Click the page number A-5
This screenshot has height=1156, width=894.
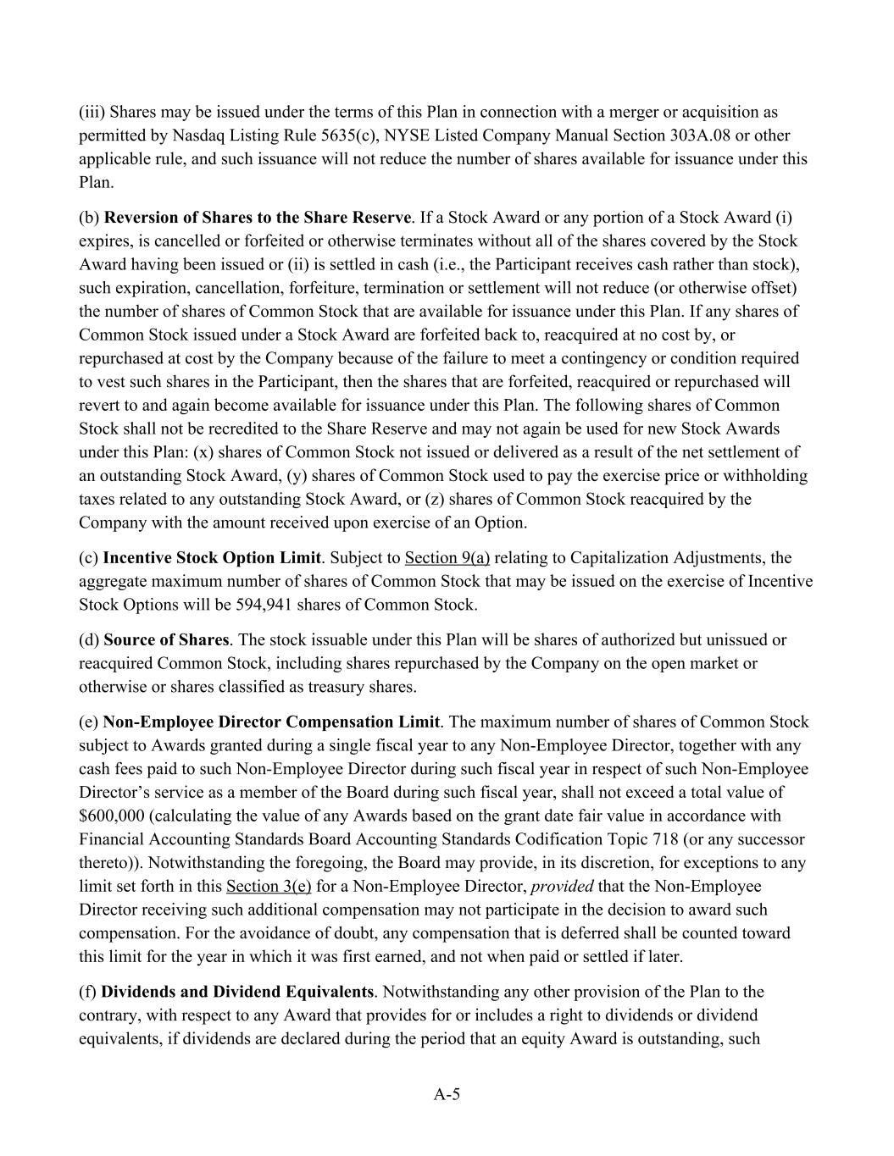coord(447,1094)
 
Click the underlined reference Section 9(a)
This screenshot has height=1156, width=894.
coord(447,557)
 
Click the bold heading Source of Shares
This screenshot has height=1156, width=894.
coord(166,639)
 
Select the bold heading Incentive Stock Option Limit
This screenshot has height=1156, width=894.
coord(212,557)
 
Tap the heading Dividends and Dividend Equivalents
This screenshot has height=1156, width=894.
coord(237,991)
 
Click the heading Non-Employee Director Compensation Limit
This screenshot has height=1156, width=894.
coord(271,722)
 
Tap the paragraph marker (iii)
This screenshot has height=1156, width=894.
coord(92,112)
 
